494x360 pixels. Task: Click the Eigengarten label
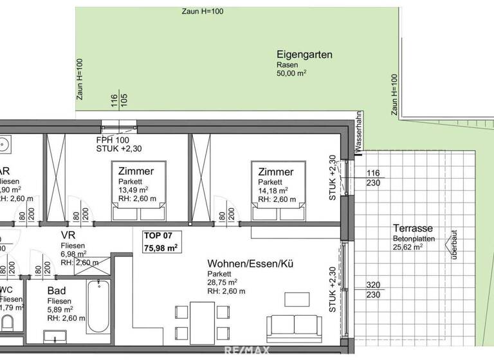tap(304, 55)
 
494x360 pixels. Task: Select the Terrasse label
tap(411, 228)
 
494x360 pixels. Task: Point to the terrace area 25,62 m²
tap(410, 247)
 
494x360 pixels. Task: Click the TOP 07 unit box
tap(161, 242)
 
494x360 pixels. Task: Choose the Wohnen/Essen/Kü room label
tap(251, 264)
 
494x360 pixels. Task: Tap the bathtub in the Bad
tap(100, 305)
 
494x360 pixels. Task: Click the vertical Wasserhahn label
tap(358, 132)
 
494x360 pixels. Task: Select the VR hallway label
tap(69, 235)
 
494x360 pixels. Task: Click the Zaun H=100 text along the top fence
tap(202, 12)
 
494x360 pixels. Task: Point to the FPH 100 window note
tap(113, 140)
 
